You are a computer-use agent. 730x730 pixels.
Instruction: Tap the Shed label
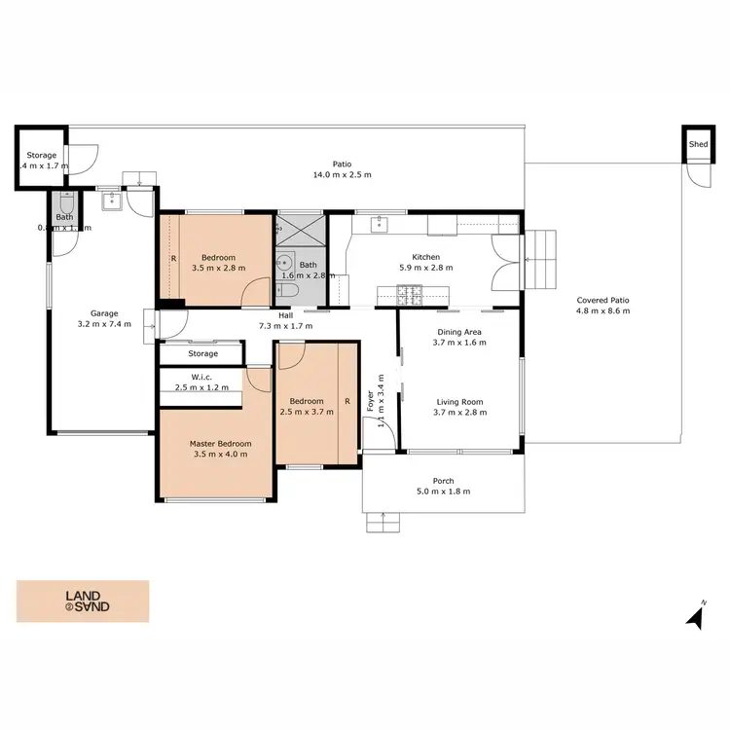tap(698, 144)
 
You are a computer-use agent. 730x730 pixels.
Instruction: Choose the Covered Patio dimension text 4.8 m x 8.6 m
tap(603, 311)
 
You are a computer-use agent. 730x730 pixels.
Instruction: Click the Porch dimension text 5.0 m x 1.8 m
tap(444, 492)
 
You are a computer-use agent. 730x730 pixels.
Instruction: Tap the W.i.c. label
tap(202, 377)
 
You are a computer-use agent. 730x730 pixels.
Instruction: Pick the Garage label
tap(104, 313)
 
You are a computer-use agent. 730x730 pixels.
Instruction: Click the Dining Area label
tap(458, 332)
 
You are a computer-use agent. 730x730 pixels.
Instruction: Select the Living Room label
tap(458, 401)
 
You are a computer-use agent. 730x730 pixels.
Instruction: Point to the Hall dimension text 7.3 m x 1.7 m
tap(285, 326)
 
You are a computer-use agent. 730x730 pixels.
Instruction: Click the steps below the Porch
tap(383, 524)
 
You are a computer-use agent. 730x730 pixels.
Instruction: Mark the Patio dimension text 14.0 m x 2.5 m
tap(342, 175)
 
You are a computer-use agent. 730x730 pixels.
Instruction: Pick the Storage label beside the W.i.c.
tap(202, 353)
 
